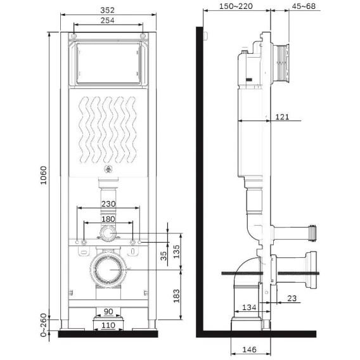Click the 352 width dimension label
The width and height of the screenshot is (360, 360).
[107, 10]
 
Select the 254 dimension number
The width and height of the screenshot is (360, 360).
[107, 20]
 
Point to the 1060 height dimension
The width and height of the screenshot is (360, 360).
[43, 175]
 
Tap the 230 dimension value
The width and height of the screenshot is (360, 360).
[108, 203]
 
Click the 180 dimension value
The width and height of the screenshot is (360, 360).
[108, 219]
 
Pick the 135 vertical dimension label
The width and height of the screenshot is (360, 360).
[176, 252]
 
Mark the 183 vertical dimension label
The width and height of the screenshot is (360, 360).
[176, 296]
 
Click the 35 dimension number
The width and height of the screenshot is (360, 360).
[164, 256]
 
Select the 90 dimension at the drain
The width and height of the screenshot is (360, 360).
[108, 312]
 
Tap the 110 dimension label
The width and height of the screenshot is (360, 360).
[108, 325]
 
